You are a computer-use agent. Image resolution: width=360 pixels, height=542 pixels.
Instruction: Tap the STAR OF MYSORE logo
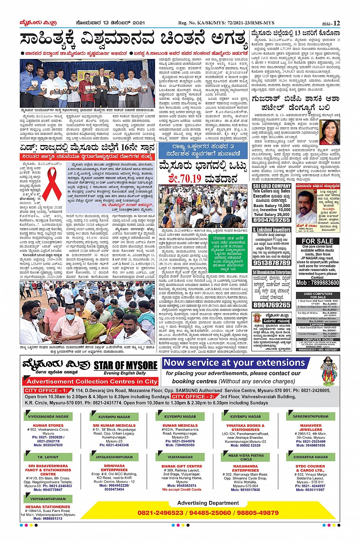point(125,366)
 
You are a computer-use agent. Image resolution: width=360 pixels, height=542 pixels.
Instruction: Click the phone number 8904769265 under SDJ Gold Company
point(271,220)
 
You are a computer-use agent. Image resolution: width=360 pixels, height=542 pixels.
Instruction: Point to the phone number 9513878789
point(271,263)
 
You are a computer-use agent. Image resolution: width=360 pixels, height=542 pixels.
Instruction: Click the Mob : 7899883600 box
point(317,283)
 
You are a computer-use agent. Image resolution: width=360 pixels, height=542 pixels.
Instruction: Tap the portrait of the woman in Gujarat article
point(330,132)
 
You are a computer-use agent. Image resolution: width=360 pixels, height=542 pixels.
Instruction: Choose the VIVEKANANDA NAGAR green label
point(48,416)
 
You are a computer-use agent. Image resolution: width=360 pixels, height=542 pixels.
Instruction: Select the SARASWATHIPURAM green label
point(310,416)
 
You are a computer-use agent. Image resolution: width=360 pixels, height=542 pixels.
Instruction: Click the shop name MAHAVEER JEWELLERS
point(310,427)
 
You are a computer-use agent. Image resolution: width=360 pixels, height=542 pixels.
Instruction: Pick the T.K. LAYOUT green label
point(48,457)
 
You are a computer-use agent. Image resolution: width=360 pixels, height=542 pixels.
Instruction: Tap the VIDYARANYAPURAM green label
point(48,499)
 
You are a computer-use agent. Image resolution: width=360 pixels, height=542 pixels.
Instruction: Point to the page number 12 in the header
point(336,23)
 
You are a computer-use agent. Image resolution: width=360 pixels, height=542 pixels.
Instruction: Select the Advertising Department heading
point(208,503)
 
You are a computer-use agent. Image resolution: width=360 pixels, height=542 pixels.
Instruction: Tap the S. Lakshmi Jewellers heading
point(271,230)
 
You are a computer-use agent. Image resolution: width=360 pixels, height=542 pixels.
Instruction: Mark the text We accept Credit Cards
point(182,489)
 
